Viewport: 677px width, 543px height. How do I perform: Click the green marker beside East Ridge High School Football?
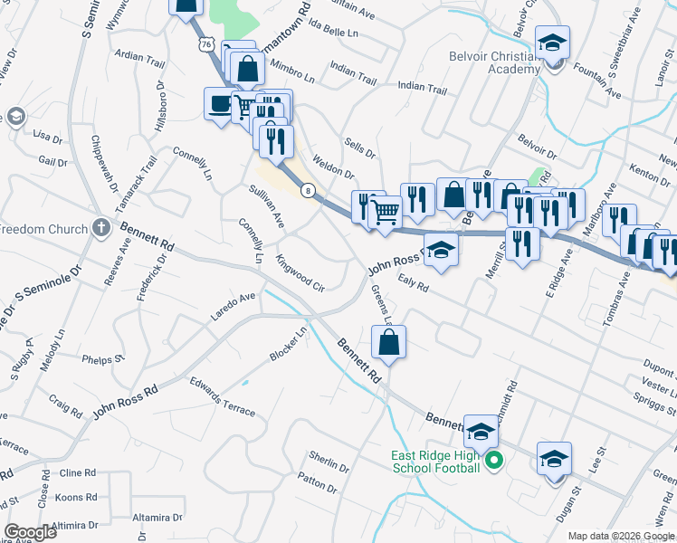(493, 462)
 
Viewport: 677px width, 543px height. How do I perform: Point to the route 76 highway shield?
(207, 43)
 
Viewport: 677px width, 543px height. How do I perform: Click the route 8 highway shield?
(310, 190)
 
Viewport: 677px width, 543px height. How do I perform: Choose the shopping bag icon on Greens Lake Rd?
(388, 342)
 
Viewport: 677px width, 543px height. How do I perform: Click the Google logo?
(30, 532)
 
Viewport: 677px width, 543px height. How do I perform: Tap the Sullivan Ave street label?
(267, 206)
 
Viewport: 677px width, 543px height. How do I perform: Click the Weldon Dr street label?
(332, 166)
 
